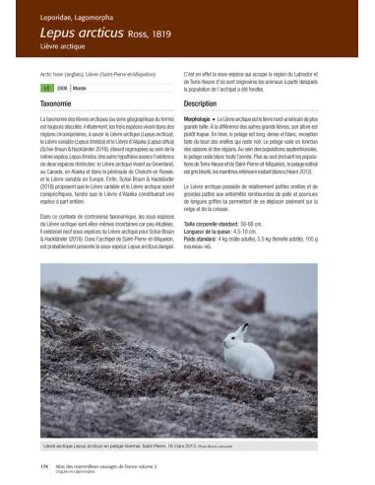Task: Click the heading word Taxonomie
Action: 57,103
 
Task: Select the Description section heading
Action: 200,103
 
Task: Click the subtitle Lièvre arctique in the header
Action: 62,48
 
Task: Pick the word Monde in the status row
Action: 77,87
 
